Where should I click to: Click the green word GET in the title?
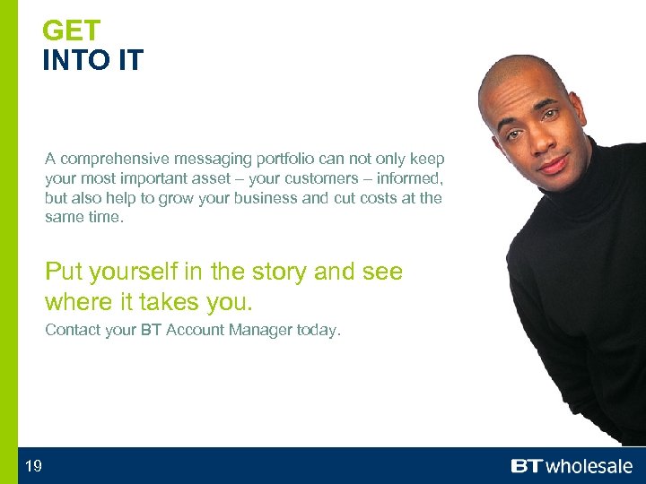72,31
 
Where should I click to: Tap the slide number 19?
33,465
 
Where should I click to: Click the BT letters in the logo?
527,466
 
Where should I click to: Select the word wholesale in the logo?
589,466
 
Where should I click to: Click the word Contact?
73,330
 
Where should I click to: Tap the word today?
319,330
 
